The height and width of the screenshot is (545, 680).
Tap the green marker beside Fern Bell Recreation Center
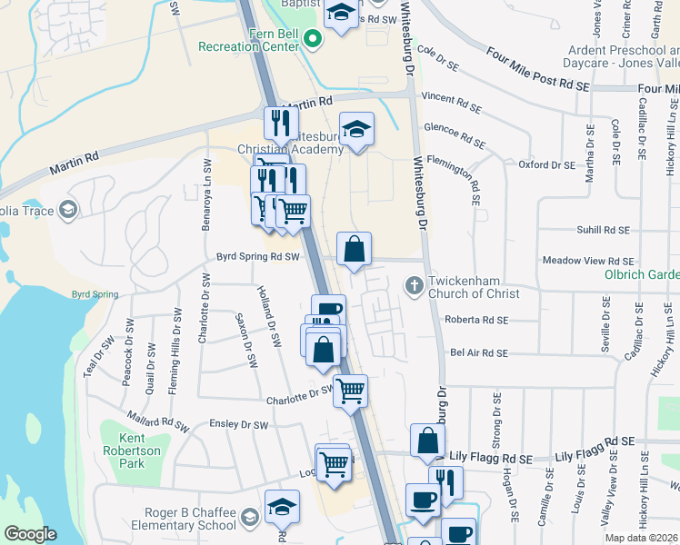pyautogui.click(x=313, y=39)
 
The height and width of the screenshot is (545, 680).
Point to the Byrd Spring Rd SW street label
pyautogui.click(x=258, y=257)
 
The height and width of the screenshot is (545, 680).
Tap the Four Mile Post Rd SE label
pyautogui.click(x=538, y=71)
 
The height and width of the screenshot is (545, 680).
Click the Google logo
pyautogui.click(x=30, y=534)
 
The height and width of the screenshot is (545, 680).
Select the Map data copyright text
pyautogui.click(x=641, y=538)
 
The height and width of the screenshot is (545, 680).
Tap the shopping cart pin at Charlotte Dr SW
pyautogui.click(x=350, y=391)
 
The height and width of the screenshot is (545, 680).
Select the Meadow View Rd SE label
pyautogui.click(x=587, y=261)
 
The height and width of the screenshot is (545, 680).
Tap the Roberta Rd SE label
pyautogui.click(x=476, y=320)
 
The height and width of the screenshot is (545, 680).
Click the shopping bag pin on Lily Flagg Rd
pyautogui.click(x=427, y=441)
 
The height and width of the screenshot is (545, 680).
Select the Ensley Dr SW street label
pyautogui.click(x=238, y=424)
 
